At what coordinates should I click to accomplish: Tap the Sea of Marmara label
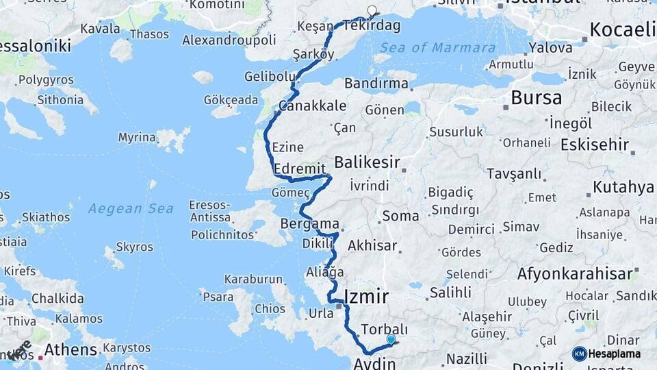pyautogui.click(x=438, y=48)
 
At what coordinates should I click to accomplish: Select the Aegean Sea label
pyautogui.click(x=130, y=208)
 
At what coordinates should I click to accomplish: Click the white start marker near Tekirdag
pyautogui.click(x=372, y=10)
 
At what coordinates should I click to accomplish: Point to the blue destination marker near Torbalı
pyautogui.click(x=391, y=339)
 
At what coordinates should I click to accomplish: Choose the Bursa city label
pyautogui.click(x=536, y=97)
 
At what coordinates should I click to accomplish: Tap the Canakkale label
pyautogui.click(x=312, y=106)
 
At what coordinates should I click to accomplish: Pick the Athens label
pyautogui.click(x=70, y=349)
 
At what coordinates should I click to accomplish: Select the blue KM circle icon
pyautogui.click(x=580, y=354)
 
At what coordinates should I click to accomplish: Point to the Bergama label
pyautogui.click(x=310, y=224)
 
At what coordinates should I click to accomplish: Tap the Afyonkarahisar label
pyautogui.click(x=575, y=273)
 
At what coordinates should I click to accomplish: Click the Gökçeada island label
pyautogui.click(x=231, y=100)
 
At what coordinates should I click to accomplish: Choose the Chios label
pyautogui.click(x=270, y=309)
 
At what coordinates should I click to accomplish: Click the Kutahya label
pyautogui.click(x=623, y=187)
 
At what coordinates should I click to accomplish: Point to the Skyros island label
pyautogui.click(x=130, y=247)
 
